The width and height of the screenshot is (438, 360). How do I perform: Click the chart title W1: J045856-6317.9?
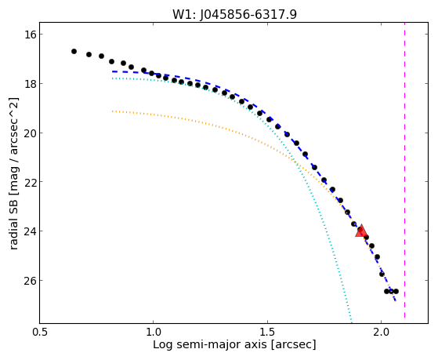[234, 15]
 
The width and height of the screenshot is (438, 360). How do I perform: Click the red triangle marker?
[361, 231]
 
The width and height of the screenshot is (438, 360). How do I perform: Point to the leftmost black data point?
[74, 51]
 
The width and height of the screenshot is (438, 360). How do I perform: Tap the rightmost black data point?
[396, 291]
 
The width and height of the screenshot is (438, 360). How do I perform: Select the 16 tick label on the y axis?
[29, 35]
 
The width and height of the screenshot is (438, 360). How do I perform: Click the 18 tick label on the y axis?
[29, 84]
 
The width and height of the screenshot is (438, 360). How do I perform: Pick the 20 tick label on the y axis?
[29, 133]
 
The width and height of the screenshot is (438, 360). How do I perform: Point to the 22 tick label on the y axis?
[29, 182]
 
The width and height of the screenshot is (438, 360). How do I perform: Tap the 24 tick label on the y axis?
[29, 231]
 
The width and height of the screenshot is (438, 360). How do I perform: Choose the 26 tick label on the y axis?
[29, 280]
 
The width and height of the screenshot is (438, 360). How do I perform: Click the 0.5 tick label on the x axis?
[40, 333]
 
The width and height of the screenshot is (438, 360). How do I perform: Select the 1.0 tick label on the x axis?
[154, 333]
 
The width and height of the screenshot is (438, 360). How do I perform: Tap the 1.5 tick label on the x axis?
[268, 333]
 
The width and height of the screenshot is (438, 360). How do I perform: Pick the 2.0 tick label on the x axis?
[382, 333]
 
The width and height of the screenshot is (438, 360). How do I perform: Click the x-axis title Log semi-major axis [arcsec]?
[234, 345]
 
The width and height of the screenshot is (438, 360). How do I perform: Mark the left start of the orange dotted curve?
[112, 111]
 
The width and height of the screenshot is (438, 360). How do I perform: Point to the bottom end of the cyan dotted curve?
[351, 322]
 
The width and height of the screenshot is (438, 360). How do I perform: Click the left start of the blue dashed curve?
[112, 71]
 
